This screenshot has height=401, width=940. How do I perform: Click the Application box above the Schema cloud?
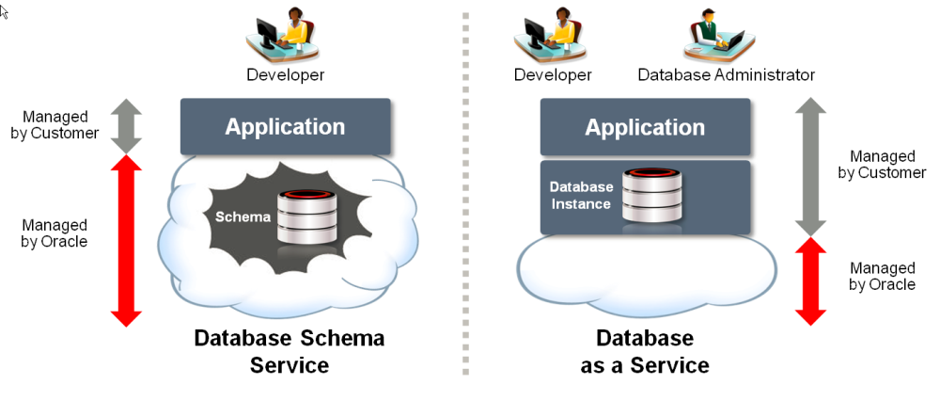285,126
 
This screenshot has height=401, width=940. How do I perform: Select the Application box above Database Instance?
645,126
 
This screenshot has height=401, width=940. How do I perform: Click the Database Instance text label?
580,195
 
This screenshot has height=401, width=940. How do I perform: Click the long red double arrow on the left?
127,241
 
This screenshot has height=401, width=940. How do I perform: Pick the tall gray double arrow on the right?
807,165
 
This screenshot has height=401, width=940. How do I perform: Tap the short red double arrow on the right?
807,281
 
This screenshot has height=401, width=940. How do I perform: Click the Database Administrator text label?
726,74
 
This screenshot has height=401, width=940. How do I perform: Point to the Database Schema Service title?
290,350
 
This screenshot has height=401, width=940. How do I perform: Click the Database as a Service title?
645,350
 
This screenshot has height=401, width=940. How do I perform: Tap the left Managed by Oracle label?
55,233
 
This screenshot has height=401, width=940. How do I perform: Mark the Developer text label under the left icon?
286,74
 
